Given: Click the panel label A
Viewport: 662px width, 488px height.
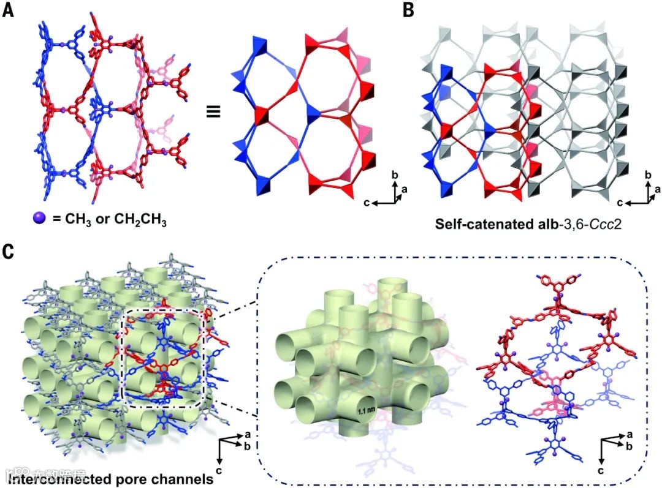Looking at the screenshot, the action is pos(9,10).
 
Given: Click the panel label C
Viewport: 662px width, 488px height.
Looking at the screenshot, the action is pos(9,251).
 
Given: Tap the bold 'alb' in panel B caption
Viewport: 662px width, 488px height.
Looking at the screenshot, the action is pos(539,224).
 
